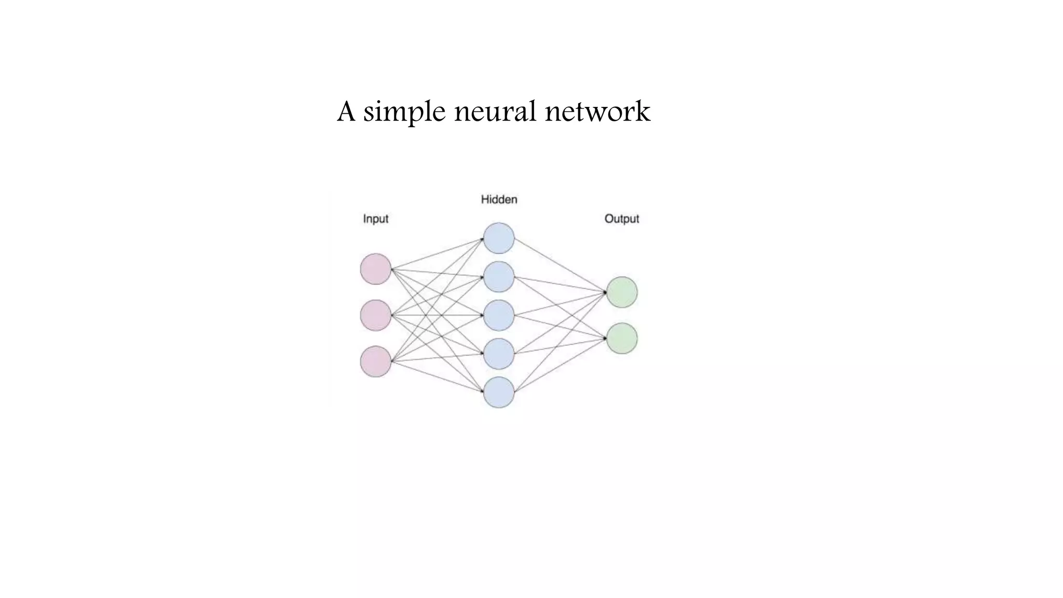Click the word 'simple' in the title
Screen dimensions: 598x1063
point(404,112)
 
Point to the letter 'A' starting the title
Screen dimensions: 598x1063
point(346,111)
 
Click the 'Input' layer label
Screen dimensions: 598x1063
point(376,219)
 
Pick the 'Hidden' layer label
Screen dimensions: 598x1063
point(499,199)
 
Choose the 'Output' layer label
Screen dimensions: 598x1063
point(621,219)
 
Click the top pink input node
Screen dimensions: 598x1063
point(375,269)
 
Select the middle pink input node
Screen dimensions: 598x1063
point(375,315)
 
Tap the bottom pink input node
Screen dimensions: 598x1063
point(375,361)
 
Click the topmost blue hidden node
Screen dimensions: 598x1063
point(499,238)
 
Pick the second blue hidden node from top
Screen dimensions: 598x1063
point(499,277)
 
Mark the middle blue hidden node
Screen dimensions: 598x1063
point(499,315)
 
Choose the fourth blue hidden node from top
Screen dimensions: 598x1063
point(499,354)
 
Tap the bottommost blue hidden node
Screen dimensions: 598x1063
point(499,392)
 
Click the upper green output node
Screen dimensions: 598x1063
point(622,292)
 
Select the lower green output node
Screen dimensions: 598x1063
point(622,338)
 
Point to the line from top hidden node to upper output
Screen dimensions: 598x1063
point(561,266)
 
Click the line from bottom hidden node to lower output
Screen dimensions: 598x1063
point(561,364)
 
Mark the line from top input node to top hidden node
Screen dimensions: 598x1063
point(437,254)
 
